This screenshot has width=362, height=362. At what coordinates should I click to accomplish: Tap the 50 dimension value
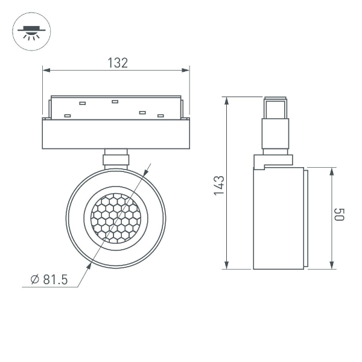click(x=339, y=215)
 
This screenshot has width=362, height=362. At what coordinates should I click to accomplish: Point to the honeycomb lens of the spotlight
click(x=116, y=218)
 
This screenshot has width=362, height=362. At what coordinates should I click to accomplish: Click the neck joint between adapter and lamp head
click(x=116, y=158)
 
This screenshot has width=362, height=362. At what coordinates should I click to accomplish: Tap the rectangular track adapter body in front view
click(x=116, y=133)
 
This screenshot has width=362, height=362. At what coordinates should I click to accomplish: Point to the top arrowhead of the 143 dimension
click(x=227, y=100)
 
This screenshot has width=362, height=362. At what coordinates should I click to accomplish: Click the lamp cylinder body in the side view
click(x=278, y=218)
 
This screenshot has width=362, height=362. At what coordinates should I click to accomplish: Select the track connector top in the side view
click(x=275, y=108)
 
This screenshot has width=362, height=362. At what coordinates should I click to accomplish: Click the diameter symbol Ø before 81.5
click(x=35, y=279)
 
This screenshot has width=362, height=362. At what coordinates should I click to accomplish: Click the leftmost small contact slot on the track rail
click(x=68, y=115)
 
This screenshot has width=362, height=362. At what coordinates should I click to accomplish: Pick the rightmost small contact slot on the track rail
click(x=160, y=115)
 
